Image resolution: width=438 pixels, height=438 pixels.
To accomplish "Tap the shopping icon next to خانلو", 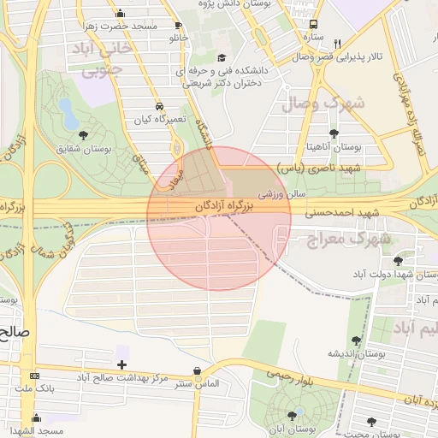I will [178, 26].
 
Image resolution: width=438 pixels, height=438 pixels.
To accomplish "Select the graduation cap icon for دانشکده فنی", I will [222, 58].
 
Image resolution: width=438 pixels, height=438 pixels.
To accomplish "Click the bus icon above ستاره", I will [313, 25].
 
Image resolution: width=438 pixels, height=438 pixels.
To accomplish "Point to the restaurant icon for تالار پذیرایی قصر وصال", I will [338, 44].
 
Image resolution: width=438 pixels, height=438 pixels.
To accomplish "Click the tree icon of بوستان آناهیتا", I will [333, 134].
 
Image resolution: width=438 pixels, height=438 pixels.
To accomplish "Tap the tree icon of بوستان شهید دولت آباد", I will [398, 261].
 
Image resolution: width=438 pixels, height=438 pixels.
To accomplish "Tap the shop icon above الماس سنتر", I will [198, 370].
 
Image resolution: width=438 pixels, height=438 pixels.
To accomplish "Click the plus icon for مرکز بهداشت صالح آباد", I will [121, 364].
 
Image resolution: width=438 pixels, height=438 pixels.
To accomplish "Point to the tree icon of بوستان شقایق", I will [83, 135].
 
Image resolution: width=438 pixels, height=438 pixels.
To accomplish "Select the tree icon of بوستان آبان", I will [292, 415].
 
